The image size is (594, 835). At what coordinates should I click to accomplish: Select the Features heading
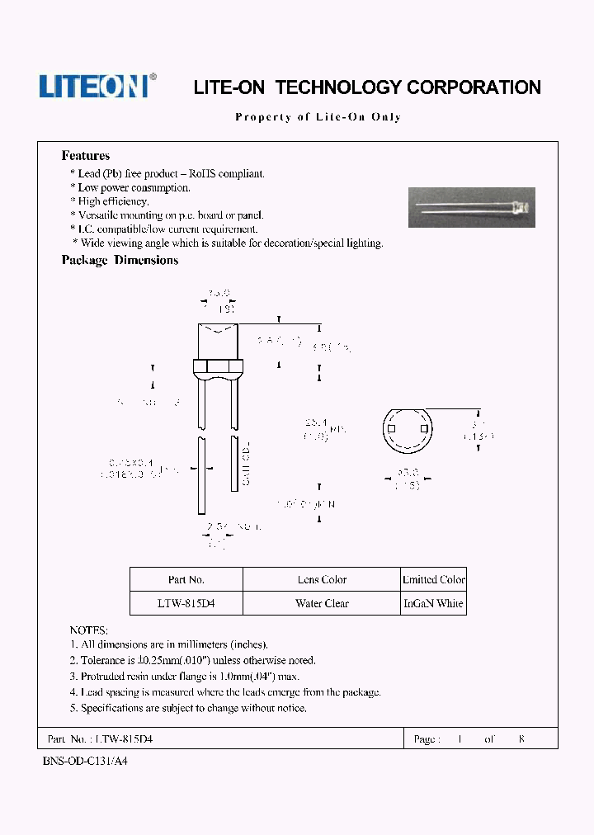(x=86, y=156)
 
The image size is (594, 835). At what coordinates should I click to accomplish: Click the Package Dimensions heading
(x=120, y=260)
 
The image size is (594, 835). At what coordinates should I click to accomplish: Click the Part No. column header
(x=186, y=580)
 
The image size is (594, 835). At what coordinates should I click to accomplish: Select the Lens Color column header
(x=322, y=580)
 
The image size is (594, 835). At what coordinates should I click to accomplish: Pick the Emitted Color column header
(x=434, y=580)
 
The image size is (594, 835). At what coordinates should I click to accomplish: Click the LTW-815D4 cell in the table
(x=186, y=603)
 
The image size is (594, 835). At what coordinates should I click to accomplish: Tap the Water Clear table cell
(x=322, y=603)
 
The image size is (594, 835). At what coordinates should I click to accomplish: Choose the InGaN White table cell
(x=434, y=603)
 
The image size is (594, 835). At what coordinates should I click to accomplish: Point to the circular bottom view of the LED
(x=408, y=430)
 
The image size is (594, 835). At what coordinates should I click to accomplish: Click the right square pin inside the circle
(x=424, y=430)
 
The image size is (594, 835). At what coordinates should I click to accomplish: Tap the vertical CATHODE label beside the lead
(x=246, y=464)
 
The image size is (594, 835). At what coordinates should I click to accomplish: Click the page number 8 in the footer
(x=521, y=739)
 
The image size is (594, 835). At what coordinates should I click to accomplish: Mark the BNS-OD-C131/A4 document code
(x=85, y=762)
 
